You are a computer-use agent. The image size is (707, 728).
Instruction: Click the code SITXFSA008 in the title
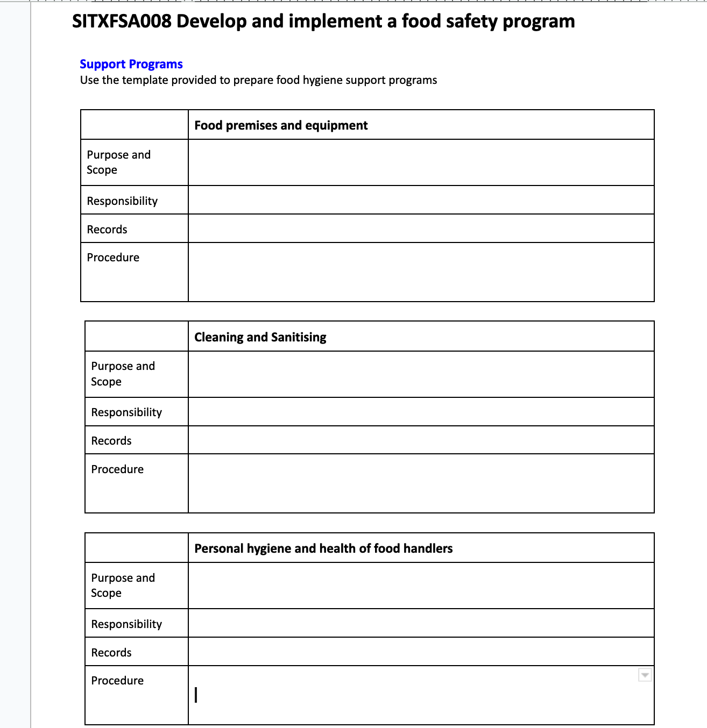(122, 22)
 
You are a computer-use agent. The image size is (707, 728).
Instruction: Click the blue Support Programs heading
(131, 64)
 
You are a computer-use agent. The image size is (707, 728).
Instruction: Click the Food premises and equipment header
(281, 125)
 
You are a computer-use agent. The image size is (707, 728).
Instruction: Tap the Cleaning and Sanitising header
(260, 337)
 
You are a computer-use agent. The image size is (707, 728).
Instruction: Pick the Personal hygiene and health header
(323, 548)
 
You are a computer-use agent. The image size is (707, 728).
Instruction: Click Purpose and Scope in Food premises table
(118, 162)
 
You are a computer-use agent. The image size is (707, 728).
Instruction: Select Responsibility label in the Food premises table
(122, 201)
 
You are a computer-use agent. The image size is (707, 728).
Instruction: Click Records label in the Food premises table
(107, 230)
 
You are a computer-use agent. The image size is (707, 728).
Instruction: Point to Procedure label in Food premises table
(113, 258)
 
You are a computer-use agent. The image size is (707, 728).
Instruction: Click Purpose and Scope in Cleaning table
(123, 374)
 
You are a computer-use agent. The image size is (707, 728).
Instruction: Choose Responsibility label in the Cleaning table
(126, 412)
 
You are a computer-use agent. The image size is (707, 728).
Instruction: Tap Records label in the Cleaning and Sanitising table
(111, 441)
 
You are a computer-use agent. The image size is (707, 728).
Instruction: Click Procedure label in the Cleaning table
(117, 469)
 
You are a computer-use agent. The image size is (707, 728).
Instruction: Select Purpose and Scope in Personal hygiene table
(123, 586)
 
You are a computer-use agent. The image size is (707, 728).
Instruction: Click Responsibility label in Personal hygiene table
(126, 624)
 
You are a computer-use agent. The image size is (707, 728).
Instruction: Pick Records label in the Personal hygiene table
(111, 653)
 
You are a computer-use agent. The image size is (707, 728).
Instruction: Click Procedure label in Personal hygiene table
(117, 681)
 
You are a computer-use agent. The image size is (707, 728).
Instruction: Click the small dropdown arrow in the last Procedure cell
(645, 675)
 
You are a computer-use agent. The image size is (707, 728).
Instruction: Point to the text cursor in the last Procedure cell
(196, 695)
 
